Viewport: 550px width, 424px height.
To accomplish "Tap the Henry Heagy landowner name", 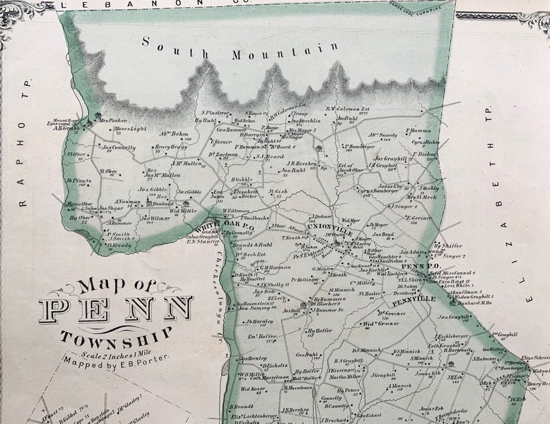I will (170, 147).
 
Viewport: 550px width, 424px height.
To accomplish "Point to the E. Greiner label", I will (418, 219).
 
